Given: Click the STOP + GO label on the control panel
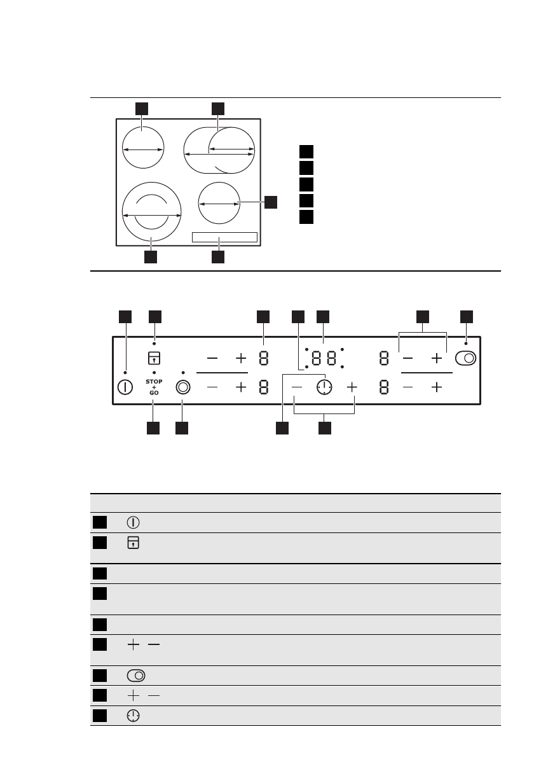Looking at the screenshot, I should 154,387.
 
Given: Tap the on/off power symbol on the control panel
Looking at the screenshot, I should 125,387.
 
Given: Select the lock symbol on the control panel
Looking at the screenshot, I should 154,358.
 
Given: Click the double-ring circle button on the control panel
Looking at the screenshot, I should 183,387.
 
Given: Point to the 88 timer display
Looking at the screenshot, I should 324,358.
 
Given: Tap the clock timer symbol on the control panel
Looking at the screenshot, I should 324,387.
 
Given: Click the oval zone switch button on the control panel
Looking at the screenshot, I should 466,358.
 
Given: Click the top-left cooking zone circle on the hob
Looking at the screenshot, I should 142,148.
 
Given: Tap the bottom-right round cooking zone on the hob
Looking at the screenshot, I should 219,204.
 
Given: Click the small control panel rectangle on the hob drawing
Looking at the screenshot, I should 224,237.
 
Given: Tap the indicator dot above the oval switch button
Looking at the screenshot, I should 466,344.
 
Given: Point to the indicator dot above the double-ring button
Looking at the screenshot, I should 183,372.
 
